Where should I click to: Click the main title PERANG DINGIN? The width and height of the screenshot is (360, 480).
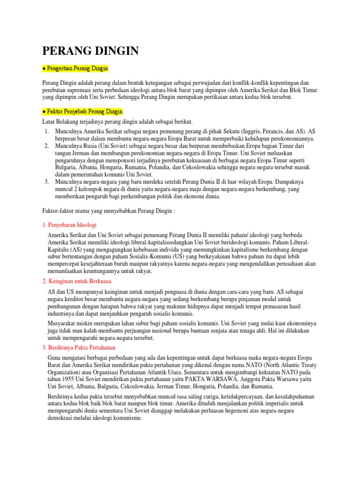tap(90, 51)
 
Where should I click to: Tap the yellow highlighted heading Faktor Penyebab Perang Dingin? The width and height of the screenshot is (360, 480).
tap(82, 112)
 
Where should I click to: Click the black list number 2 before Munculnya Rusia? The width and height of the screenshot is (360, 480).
tap(46, 146)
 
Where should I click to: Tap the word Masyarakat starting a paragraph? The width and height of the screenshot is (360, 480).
tap(65, 323)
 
